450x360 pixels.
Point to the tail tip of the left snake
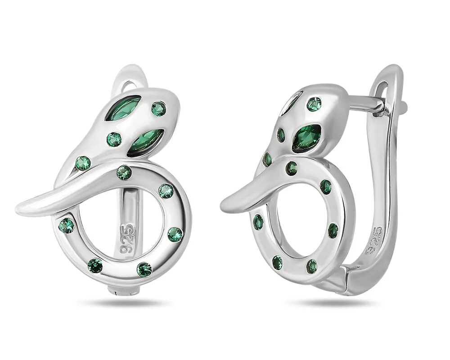coord(17,208)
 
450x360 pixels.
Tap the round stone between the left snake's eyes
coord(114,139)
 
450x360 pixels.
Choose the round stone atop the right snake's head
coord(315,104)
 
